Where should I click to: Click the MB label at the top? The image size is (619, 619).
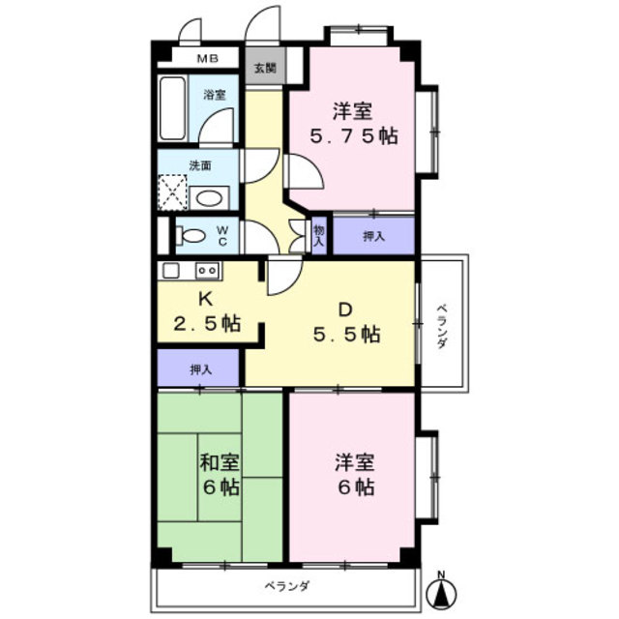pos(208,59)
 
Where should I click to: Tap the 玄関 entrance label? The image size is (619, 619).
pos(264,68)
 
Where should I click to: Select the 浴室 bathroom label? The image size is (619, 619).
pos(214,95)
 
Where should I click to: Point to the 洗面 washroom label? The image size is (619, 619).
pos(200,165)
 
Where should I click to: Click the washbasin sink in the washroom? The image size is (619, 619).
pos(209,198)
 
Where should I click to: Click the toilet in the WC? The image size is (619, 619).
pos(192,235)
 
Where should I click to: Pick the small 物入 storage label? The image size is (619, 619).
pos(319,235)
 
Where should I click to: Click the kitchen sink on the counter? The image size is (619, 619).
pos(171,270)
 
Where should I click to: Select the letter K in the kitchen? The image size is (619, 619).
pos(204,299)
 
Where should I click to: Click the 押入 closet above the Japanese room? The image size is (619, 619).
pos(200,368)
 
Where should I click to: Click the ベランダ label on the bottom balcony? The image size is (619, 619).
pos(286,585)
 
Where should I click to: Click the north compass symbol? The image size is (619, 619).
pos(442,589)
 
